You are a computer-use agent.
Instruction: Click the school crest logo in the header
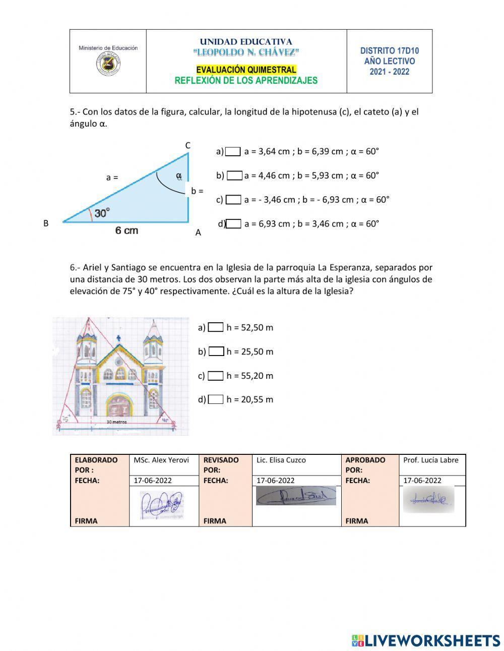pos(108,64)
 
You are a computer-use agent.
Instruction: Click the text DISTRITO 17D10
pos(389,51)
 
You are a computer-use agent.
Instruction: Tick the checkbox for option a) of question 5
pos(233,151)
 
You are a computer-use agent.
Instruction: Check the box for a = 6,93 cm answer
pos(233,224)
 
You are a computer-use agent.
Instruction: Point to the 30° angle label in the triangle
pos(102,213)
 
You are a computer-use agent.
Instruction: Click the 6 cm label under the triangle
pos(127,231)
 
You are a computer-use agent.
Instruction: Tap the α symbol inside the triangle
pos(178,176)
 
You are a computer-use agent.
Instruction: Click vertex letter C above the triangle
pos(187,145)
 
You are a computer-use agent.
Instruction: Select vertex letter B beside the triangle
pos(46,223)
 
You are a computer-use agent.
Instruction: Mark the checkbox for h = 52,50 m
pos(215,327)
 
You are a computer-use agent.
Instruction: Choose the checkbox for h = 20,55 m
pos(215,399)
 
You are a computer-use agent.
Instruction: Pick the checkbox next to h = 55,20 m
pos(215,376)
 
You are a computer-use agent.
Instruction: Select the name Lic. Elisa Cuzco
pos(281,460)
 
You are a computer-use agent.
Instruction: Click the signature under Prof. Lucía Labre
pos(428,499)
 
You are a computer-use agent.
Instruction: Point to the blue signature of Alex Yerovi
pos(162,505)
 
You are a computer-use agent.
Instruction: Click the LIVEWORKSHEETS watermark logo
pos(426,640)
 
